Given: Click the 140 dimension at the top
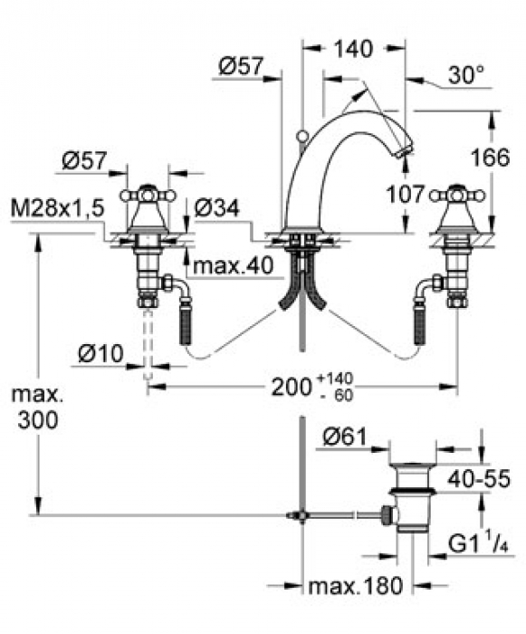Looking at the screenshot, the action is [x=353, y=49].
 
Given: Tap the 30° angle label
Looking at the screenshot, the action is [x=465, y=75].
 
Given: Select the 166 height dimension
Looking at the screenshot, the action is [x=491, y=158].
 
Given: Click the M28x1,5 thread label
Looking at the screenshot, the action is [x=58, y=208].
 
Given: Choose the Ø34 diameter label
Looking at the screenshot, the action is [x=217, y=208].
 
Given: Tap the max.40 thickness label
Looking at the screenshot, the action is [x=234, y=265].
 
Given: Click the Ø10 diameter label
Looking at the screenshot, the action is [x=100, y=354].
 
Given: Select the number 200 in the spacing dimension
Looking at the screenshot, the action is [x=292, y=388].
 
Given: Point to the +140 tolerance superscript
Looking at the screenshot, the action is [x=336, y=379].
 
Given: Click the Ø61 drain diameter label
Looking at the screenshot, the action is [x=345, y=437].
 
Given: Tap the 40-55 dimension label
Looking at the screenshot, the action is [x=479, y=479].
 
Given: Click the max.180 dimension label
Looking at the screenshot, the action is [x=356, y=585].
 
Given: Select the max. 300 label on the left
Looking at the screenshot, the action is [x=37, y=408].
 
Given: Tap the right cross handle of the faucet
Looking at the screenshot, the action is [x=457, y=196].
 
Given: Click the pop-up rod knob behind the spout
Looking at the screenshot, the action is [x=301, y=138].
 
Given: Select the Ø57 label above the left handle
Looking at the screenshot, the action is [x=84, y=160].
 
